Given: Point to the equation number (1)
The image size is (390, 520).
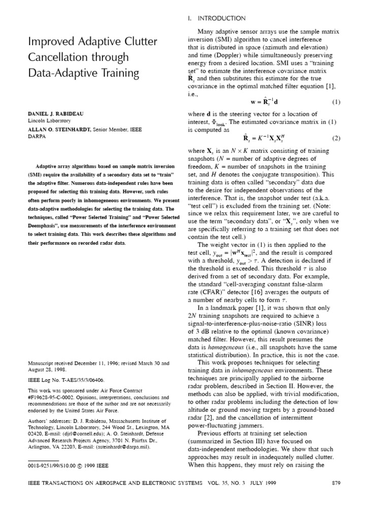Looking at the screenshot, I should coord(336,102).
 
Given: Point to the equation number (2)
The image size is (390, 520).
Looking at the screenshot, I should coord(336,138).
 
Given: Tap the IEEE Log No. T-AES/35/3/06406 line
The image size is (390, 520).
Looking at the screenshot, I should coord(67,379).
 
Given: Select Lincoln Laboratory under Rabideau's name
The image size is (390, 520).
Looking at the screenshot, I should coord(49,121).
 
